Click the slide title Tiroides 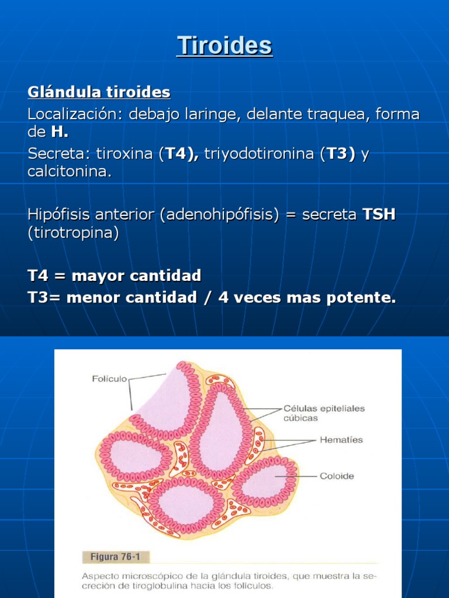tap(224, 46)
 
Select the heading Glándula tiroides tap(99, 92)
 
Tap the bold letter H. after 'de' tap(60, 132)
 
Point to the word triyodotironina tap(260, 154)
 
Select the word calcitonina tap(70, 172)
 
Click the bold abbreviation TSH tap(379, 214)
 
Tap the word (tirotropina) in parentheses tap(73, 232)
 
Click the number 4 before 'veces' tap(223, 297)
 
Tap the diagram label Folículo tap(109, 378)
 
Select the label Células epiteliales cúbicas tap(324, 413)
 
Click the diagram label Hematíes tap(341, 440)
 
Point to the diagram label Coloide tap(337, 476)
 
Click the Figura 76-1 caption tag tap(115, 557)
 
